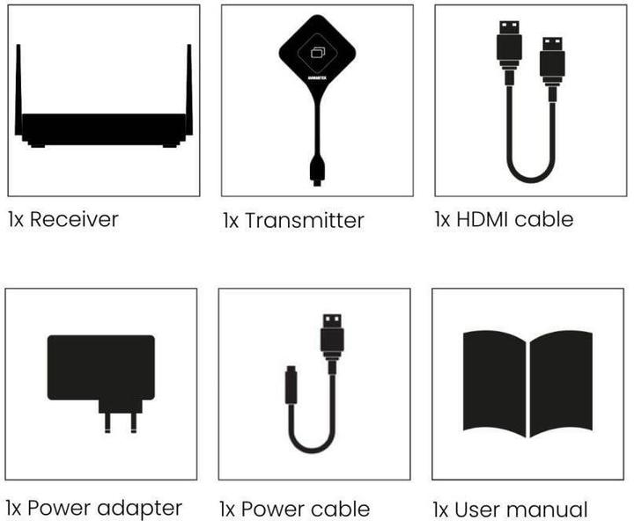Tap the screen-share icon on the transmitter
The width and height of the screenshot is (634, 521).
pyautogui.click(x=317, y=52)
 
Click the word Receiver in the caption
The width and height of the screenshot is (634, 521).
pyautogui.click(x=74, y=218)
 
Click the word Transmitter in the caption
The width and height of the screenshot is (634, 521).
pyautogui.click(x=304, y=220)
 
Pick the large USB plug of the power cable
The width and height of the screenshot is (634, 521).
pyautogui.click(x=332, y=338)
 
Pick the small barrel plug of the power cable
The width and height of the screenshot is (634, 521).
pyautogui.click(x=291, y=388)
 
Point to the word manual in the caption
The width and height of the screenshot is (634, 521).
pyautogui.click(x=550, y=509)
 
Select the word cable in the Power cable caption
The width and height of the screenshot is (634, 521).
pyautogui.click(x=340, y=509)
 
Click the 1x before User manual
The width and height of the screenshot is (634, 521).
pyautogui.click(x=441, y=509)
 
